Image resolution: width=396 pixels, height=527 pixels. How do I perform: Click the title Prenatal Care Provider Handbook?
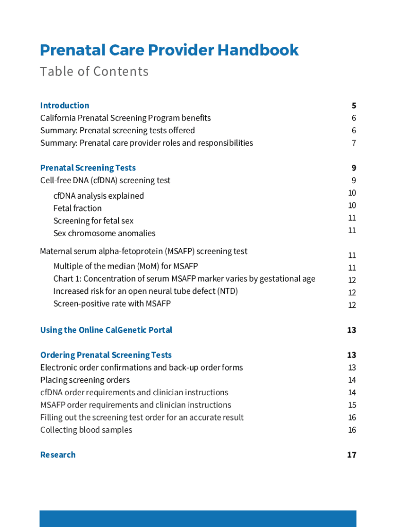(x=169, y=50)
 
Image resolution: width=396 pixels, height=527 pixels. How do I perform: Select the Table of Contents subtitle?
(x=94, y=72)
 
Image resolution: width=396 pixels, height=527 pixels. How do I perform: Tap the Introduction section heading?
(x=65, y=106)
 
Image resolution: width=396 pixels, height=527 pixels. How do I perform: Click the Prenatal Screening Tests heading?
(x=88, y=168)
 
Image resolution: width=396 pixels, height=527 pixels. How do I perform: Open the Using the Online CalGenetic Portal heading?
(x=106, y=330)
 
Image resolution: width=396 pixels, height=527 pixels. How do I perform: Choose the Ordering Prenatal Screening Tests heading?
(x=106, y=355)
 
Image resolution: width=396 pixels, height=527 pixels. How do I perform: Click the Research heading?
(x=58, y=455)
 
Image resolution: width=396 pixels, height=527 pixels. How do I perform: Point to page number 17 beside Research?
(x=351, y=455)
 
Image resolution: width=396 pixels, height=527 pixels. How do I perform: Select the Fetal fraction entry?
(x=78, y=208)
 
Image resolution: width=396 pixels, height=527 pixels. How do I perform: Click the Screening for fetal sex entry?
(x=93, y=221)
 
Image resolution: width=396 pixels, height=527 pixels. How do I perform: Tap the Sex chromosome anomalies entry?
(x=104, y=234)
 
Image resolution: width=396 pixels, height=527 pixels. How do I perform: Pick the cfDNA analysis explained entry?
(x=99, y=196)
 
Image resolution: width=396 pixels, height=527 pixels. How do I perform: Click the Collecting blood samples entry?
(x=86, y=430)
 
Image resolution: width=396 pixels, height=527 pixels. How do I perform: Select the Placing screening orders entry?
(x=85, y=380)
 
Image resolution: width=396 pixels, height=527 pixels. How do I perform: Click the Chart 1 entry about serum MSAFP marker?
(x=184, y=279)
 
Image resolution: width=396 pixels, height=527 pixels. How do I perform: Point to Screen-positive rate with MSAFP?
(x=112, y=304)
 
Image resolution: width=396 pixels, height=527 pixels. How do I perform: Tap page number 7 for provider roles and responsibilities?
(x=354, y=143)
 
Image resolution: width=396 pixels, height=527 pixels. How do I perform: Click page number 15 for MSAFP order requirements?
(x=352, y=405)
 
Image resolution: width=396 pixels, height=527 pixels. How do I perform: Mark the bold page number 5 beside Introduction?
(x=354, y=106)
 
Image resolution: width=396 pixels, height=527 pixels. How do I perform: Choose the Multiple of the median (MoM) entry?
(x=125, y=267)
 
